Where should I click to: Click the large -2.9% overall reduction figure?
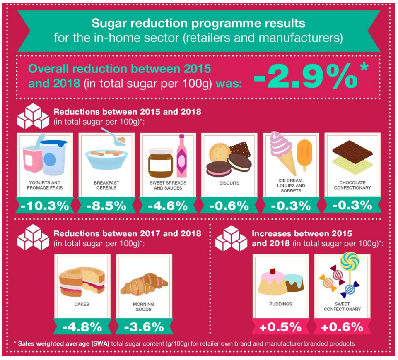[x=306, y=76]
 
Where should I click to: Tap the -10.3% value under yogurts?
[x=45, y=206]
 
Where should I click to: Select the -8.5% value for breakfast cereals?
[x=106, y=206]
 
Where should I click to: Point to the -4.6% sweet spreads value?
[x=168, y=206]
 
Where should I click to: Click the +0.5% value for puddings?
[x=281, y=328]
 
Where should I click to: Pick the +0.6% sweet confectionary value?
[x=342, y=328]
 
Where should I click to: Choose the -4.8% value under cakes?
[x=82, y=328]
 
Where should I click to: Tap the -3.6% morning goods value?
[x=144, y=328]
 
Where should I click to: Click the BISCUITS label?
[x=229, y=183]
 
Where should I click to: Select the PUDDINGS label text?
[x=281, y=304]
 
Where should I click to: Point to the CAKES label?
[x=82, y=304]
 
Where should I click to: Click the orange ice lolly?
[x=304, y=155]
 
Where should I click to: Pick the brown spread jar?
[x=161, y=163]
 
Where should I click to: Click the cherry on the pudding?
[x=273, y=271]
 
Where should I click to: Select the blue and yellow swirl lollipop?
[x=350, y=261]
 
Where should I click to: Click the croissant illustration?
[x=144, y=284]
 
